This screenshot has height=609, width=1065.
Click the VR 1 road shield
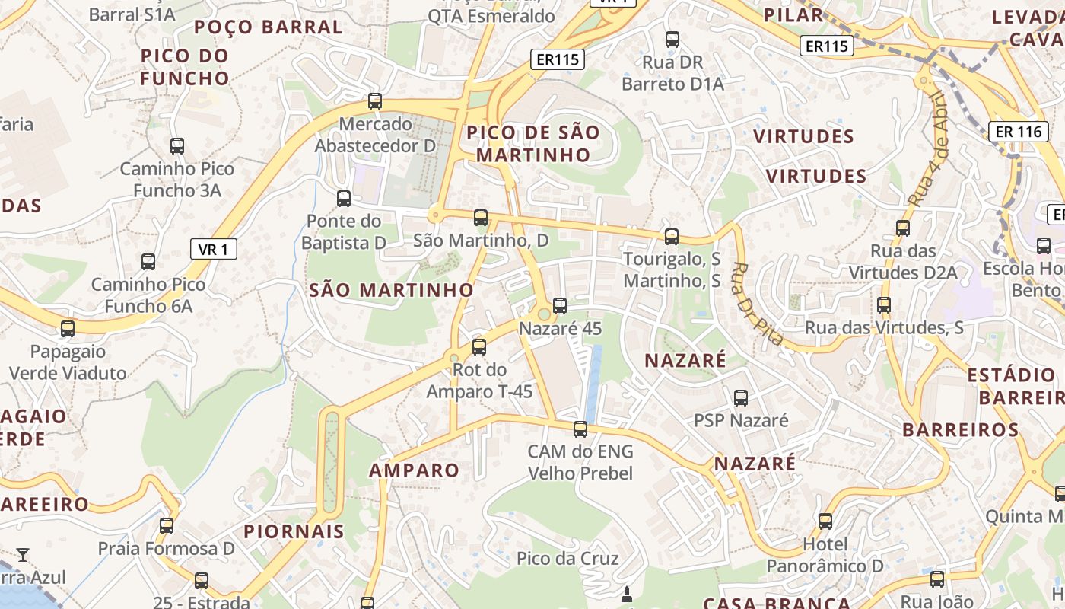[213, 249]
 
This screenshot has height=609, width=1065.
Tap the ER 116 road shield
[1018, 132]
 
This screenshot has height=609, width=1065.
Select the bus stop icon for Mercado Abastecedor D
[374, 100]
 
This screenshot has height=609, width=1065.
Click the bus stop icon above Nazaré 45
[560, 306]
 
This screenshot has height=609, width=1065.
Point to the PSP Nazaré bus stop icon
[740, 397]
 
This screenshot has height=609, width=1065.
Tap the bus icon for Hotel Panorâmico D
[825, 521]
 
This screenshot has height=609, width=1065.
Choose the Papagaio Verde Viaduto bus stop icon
[68, 329]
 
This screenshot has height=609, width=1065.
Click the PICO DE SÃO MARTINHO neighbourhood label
[532, 143]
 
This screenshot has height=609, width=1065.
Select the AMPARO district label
[415, 470]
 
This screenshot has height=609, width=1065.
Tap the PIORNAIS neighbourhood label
[294, 531]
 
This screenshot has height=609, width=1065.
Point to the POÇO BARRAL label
[268, 27]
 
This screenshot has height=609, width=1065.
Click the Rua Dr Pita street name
[756, 304]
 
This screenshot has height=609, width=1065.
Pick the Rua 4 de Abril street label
[929, 148]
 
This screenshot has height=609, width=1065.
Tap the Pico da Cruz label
[567, 558]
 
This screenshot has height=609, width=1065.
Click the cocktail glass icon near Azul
[24, 554]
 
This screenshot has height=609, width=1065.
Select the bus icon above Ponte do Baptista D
[344, 199]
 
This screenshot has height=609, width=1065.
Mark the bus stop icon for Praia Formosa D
[167, 525]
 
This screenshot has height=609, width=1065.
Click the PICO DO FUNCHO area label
[185, 66]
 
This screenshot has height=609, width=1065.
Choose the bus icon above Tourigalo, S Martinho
[671, 237]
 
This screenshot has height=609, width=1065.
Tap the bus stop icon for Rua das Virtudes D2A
[902, 228]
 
